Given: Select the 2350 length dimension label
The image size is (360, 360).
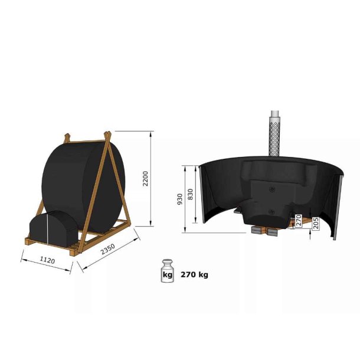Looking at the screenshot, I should coord(107,250).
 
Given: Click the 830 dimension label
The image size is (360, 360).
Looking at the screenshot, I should coord(190,194).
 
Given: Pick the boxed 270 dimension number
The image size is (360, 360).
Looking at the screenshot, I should coord(299,221).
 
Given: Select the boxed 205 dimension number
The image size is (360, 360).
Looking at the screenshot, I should coord(316,222).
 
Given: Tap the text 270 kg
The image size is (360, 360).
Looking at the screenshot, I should coord(194,274).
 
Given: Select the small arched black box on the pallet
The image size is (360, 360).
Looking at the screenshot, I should coord(53,227).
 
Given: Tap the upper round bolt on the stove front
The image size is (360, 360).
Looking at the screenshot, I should coord(271,189).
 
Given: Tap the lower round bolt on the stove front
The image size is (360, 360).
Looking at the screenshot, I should coord(271,211).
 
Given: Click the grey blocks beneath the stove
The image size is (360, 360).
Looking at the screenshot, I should coord(262,231).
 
